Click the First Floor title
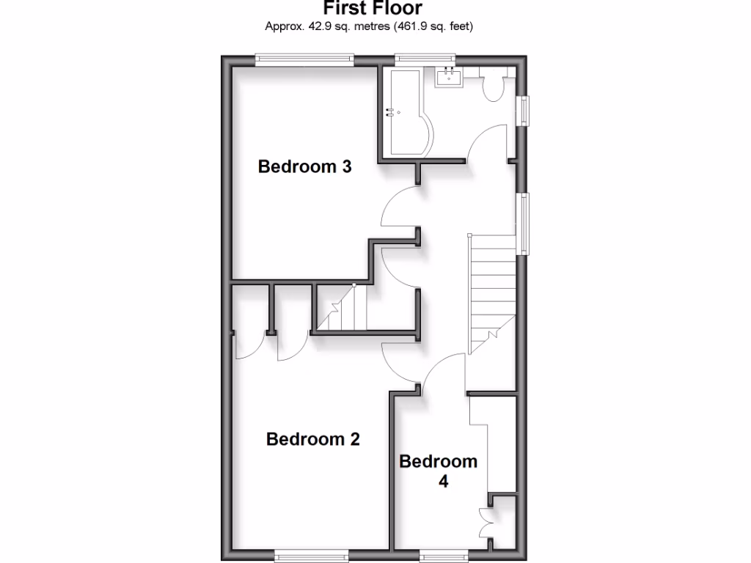tap(373, 9)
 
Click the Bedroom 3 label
tap(304, 167)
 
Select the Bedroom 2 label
tap(313, 439)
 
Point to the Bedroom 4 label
tap(438, 471)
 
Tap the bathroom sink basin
tap(449, 76)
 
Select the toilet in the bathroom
tap(493, 85)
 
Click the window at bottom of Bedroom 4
tap(443, 556)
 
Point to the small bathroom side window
tap(524, 111)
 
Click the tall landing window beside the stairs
tap(524, 224)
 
